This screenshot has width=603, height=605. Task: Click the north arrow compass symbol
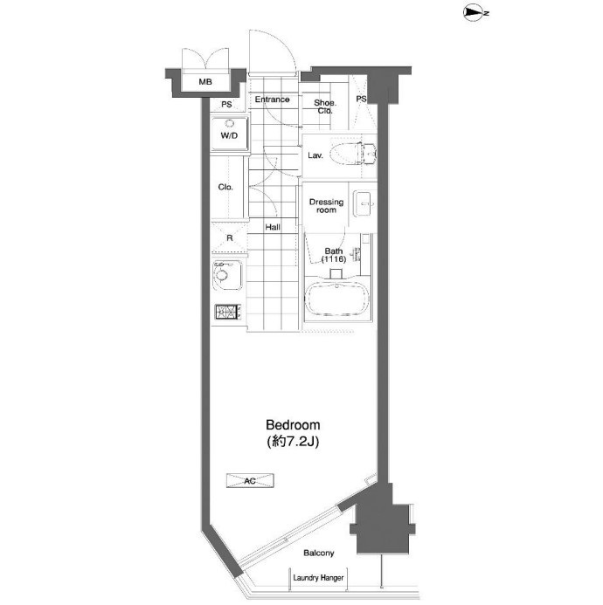[476, 13]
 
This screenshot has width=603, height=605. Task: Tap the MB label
[205, 82]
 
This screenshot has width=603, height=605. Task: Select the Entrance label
[272, 100]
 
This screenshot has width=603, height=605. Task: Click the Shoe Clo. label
[325, 107]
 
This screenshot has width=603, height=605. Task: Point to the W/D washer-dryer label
[229, 135]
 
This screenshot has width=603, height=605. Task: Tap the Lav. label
[315, 155]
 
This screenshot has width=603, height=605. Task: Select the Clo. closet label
[225, 187]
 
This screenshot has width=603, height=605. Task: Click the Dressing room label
[326, 206]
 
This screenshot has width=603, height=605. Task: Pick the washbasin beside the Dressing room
[364, 203]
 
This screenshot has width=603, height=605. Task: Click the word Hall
[273, 227]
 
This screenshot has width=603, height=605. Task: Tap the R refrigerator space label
[230, 238]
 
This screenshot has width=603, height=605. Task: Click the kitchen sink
[227, 276]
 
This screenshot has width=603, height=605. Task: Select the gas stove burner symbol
[226, 312]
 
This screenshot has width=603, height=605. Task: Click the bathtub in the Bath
[336, 299]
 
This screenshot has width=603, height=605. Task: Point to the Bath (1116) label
[333, 255]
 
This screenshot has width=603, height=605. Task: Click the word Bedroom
[293, 425]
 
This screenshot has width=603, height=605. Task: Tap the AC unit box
[250, 481]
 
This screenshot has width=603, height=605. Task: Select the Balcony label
[318, 553]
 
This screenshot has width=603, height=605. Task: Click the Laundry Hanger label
[318, 578]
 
